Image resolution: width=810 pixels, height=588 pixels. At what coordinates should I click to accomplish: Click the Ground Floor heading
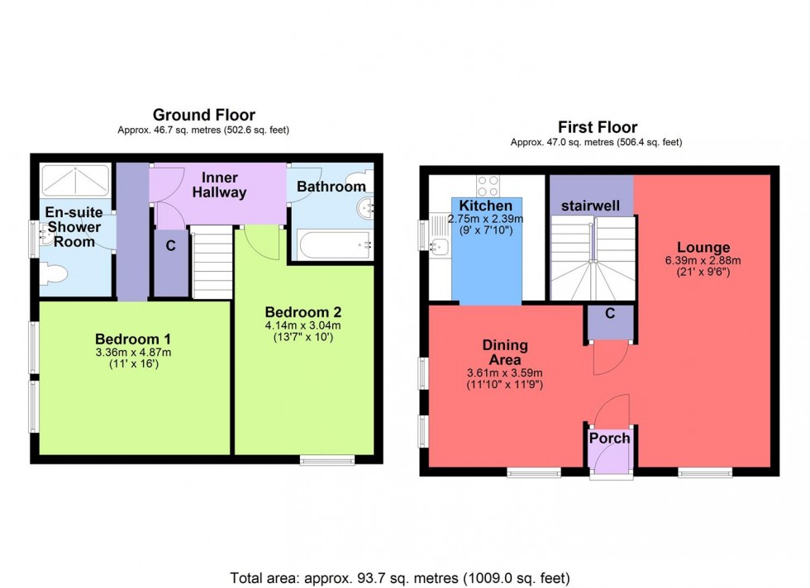[203, 116]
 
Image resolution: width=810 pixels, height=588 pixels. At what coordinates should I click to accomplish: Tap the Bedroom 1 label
[133, 339]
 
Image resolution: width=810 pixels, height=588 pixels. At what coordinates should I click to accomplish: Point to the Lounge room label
[703, 247]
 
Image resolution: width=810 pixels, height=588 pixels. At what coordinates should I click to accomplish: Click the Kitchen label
[486, 206]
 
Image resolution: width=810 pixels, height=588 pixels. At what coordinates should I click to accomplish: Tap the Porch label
[609, 438]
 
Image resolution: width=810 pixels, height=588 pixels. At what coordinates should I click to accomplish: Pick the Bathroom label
[331, 187]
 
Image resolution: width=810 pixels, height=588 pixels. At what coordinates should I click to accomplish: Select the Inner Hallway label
[221, 185]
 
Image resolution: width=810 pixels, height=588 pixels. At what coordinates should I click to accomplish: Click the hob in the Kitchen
[487, 185]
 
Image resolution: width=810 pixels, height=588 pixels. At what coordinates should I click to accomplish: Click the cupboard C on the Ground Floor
[171, 245]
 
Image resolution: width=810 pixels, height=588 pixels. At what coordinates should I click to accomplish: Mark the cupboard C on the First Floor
[610, 314]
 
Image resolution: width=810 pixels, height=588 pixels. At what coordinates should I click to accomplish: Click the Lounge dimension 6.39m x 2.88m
[703, 261]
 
